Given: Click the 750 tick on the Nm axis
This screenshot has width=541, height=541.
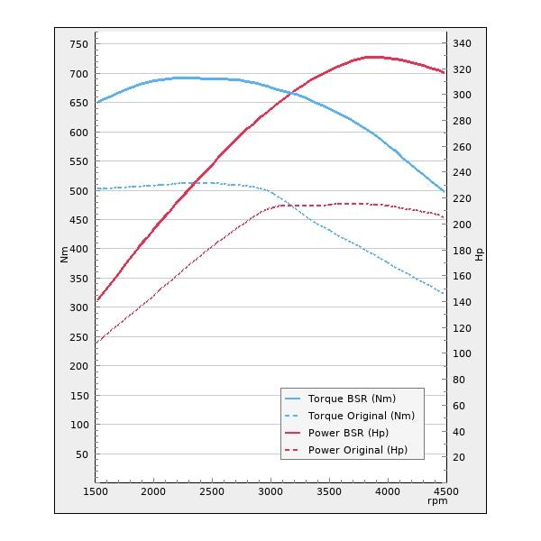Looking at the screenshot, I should (78, 44).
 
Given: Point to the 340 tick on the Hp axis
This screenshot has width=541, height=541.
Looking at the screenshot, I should (462, 43).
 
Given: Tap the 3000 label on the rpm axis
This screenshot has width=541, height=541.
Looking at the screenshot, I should (270, 491).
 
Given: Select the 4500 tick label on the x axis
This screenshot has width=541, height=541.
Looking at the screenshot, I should (445, 491).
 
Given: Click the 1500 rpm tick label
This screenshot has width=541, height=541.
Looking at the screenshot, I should (96, 491).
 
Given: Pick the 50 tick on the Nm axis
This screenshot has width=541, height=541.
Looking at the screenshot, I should (81, 454).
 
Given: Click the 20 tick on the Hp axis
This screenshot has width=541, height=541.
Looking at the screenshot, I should (459, 457).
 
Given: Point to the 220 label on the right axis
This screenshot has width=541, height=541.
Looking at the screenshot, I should (462, 198).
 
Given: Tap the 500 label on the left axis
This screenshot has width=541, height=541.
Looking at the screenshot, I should (78, 190).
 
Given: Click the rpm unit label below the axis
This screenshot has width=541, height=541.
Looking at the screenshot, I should (438, 502).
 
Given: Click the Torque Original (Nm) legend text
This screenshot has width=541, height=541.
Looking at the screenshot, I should (361, 416).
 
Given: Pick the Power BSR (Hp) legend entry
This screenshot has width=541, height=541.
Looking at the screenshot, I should (348, 433).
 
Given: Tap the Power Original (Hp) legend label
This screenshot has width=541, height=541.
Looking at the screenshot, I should (357, 450).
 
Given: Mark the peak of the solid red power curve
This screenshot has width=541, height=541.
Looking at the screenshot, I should (370, 57).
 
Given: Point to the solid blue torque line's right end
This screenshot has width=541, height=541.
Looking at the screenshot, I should (445, 191).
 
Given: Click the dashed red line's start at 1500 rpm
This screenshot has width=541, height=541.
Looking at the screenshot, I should (96, 343).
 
